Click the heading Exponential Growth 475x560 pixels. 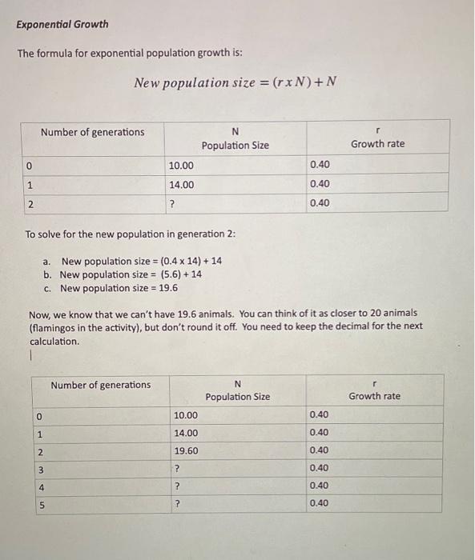click(x=62, y=24)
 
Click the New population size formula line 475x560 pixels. click(x=235, y=82)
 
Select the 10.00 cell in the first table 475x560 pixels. click(x=181, y=165)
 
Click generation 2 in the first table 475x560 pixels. click(x=30, y=203)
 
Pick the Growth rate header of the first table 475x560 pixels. click(x=377, y=143)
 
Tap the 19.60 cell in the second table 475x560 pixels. click(x=186, y=450)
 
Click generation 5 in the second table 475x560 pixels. click(x=39, y=504)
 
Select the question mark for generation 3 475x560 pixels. click(x=177, y=468)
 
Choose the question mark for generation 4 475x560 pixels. click(x=177, y=486)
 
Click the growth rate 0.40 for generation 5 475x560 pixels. click(x=319, y=503)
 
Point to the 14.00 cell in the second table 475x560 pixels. click(x=186, y=433)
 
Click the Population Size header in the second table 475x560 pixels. click(x=238, y=396)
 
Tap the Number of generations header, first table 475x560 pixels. click(x=93, y=132)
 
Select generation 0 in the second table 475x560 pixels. click(x=39, y=415)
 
